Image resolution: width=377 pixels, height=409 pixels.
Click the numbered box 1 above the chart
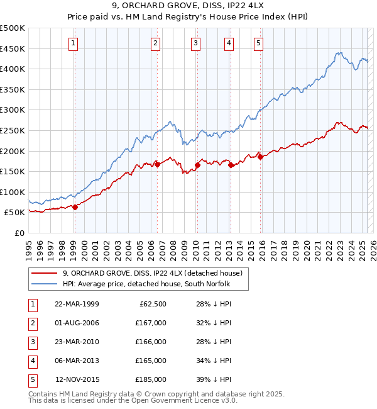click(x=74, y=43)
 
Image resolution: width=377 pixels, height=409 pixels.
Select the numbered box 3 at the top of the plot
click(x=196, y=43)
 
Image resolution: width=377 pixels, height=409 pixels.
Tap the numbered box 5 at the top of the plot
click(x=259, y=43)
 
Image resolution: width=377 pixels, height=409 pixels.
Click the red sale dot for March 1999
click(x=75, y=207)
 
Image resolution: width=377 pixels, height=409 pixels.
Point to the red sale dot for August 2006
click(x=157, y=164)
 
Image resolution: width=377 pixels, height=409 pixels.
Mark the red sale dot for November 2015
click(x=260, y=157)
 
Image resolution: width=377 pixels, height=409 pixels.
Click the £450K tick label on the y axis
click(x=13, y=48)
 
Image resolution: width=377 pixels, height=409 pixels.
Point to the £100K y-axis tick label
click(x=13, y=192)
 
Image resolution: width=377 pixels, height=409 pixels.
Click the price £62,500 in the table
click(x=151, y=304)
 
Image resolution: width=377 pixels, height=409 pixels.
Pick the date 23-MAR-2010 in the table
click(x=77, y=342)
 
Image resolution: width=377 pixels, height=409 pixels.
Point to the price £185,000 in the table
click(x=151, y=379)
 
